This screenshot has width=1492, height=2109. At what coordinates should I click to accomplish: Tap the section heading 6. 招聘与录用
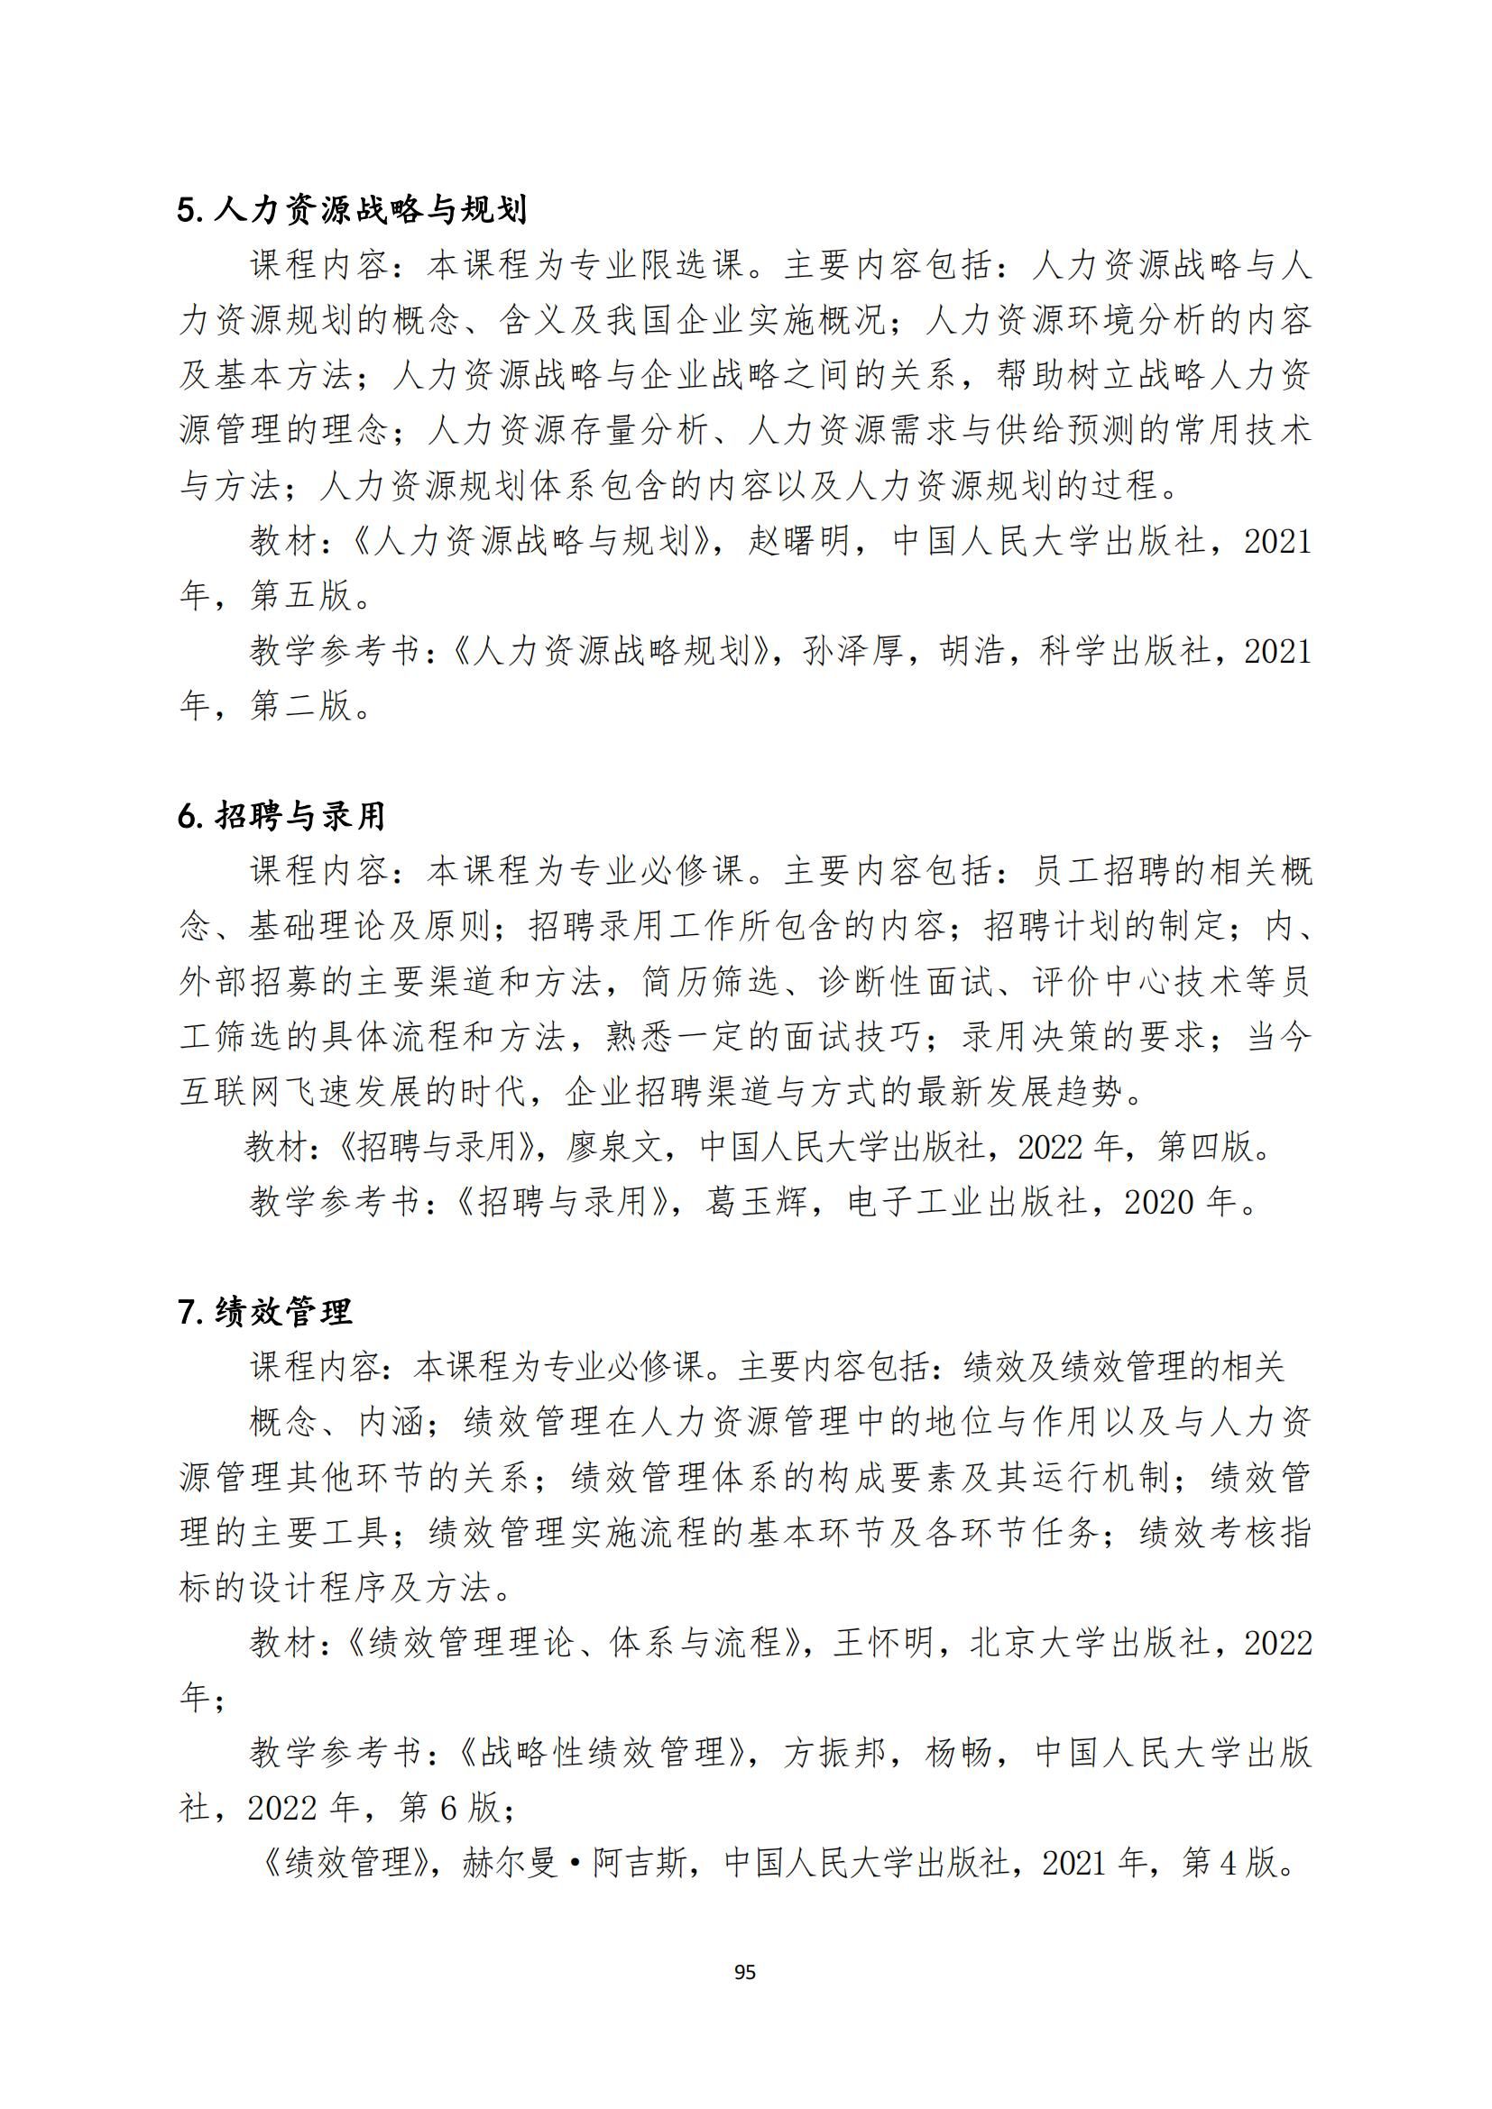coord(281,816)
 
